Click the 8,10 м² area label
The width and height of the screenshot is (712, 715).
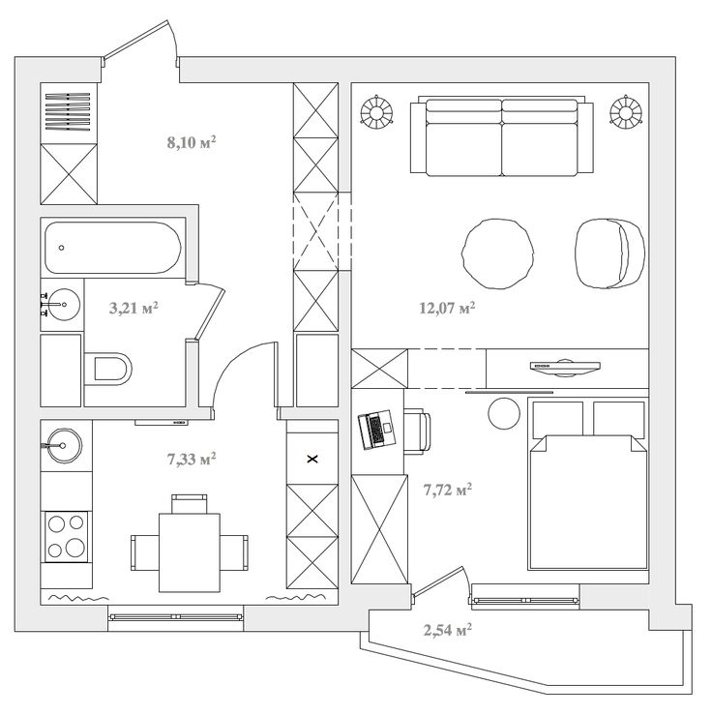point(192,142)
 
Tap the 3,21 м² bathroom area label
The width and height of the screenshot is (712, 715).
point(133,308)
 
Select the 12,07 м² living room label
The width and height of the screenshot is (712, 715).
point(447,308)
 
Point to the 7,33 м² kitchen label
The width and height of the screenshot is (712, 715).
point(192,459)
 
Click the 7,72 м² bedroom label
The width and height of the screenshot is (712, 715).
point(448,490)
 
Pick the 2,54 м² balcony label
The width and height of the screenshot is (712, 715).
point(448,630)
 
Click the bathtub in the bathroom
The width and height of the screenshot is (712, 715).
point(113,248)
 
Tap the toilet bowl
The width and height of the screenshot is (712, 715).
point(108,368)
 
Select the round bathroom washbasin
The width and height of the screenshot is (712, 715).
point(63,304)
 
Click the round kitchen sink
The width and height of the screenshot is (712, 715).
point(64,445)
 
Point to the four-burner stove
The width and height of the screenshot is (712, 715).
point(66,537)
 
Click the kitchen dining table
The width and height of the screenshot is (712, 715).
point(190,552)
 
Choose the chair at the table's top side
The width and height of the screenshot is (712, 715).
point(190,504)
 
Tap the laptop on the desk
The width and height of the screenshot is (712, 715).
point(376,430)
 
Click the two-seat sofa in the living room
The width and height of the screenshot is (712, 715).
point(501,135)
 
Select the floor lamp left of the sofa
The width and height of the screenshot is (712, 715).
point(376,111)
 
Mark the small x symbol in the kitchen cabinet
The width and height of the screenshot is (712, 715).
point(312,460)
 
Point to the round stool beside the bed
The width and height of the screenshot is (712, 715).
point(504,413)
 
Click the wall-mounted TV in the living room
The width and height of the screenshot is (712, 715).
point(565,367)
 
